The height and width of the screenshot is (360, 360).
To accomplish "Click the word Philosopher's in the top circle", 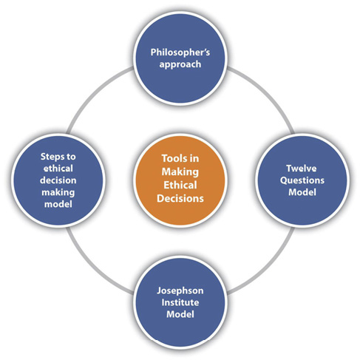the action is (180, 52).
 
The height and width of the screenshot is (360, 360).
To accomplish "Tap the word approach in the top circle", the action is (180, 64).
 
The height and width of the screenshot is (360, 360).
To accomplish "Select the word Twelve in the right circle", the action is (302, 169).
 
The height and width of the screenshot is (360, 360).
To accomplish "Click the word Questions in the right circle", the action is (302, 180).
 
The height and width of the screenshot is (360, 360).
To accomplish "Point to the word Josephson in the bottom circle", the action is (180, 291).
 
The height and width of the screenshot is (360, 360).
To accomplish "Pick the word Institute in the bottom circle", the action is (180, 302).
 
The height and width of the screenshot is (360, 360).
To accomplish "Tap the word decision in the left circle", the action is (58, 180).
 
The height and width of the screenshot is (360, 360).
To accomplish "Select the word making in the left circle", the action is (58, 192).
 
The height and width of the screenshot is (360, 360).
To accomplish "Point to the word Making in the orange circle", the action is (180, 172).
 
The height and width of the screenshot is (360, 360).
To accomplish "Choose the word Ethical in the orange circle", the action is (180, 185).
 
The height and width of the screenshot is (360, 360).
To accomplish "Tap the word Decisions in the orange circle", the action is (180, 198).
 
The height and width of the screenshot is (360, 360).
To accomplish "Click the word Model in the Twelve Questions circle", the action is (302, 192).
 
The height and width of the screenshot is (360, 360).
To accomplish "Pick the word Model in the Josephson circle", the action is (180, 314).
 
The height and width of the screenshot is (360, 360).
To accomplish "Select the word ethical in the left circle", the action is (58, 169).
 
